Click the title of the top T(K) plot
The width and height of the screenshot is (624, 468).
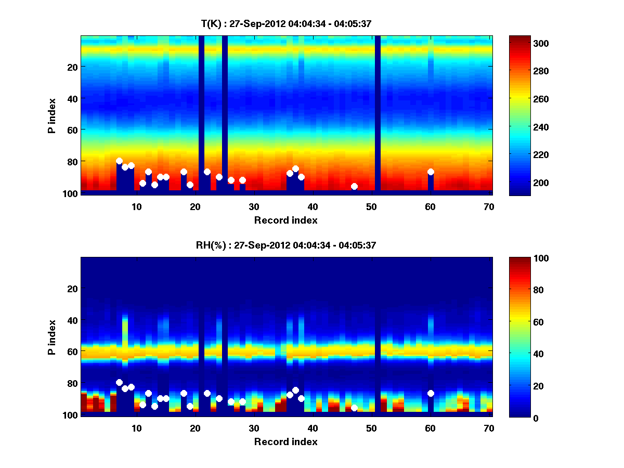tap(286, 23)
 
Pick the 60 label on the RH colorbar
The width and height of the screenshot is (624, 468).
tap(519, 322)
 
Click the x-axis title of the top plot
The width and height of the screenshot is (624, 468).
tap(286, 220)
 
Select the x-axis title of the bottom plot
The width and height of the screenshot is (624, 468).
tap(286, 441)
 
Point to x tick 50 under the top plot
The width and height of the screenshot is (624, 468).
tap(371, 206)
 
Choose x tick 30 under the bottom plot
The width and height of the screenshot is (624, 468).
tap(254, 428)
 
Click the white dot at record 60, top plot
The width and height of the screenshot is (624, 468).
tap(431, 172)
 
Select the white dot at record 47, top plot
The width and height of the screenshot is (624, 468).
tap(354, 186)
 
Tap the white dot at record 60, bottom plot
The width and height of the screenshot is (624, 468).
tap(431, 393)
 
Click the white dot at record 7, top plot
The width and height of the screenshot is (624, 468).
tap(119, 161)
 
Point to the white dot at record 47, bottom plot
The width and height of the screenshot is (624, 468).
tap(354, 408)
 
